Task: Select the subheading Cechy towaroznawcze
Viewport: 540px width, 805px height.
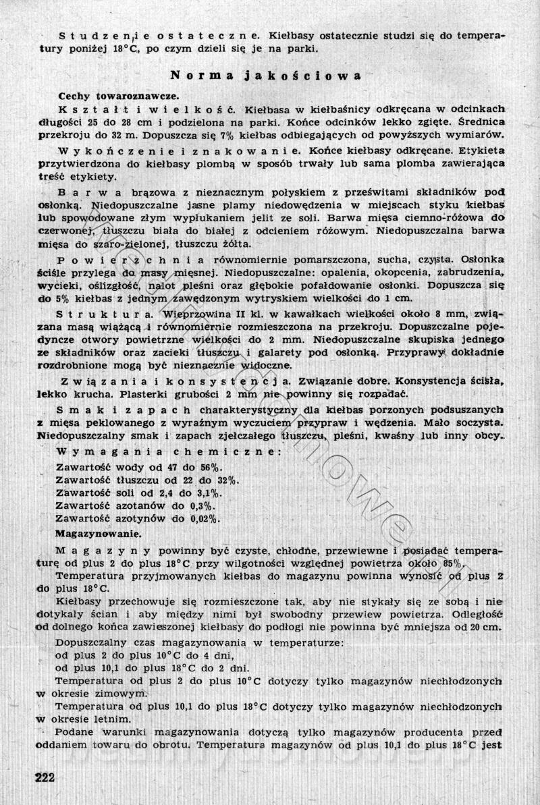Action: [117, 96]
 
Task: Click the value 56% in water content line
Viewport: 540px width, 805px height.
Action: [213, 468]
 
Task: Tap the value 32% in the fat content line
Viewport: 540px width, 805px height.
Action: [227, 480]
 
